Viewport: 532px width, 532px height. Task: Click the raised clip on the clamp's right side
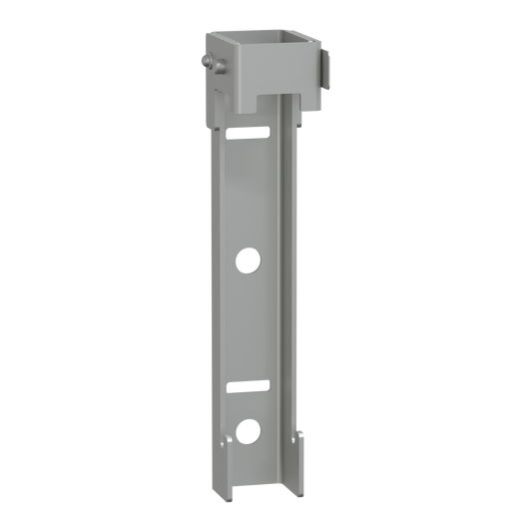pos(325,71)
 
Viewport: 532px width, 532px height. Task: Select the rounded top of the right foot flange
pos(299,432)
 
